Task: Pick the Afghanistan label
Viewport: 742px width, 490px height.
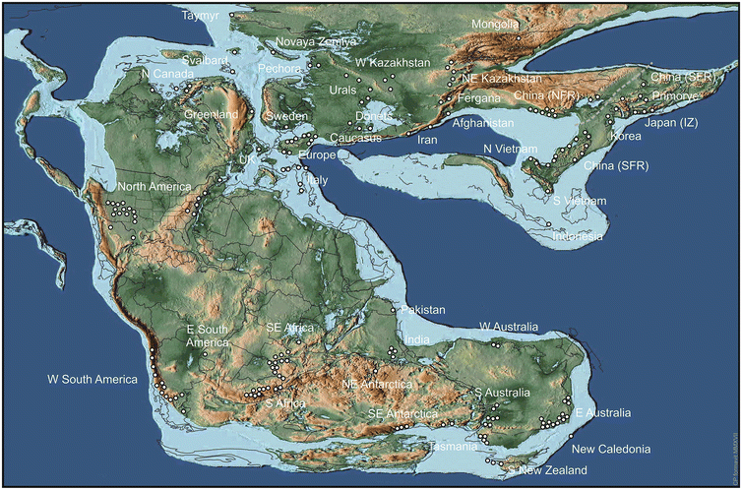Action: coord(482,123)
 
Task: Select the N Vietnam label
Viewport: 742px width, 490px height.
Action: coord(509,149)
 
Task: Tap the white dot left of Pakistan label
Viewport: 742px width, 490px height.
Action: coord(394,310)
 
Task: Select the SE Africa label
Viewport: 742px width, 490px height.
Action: coord(291,327)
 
